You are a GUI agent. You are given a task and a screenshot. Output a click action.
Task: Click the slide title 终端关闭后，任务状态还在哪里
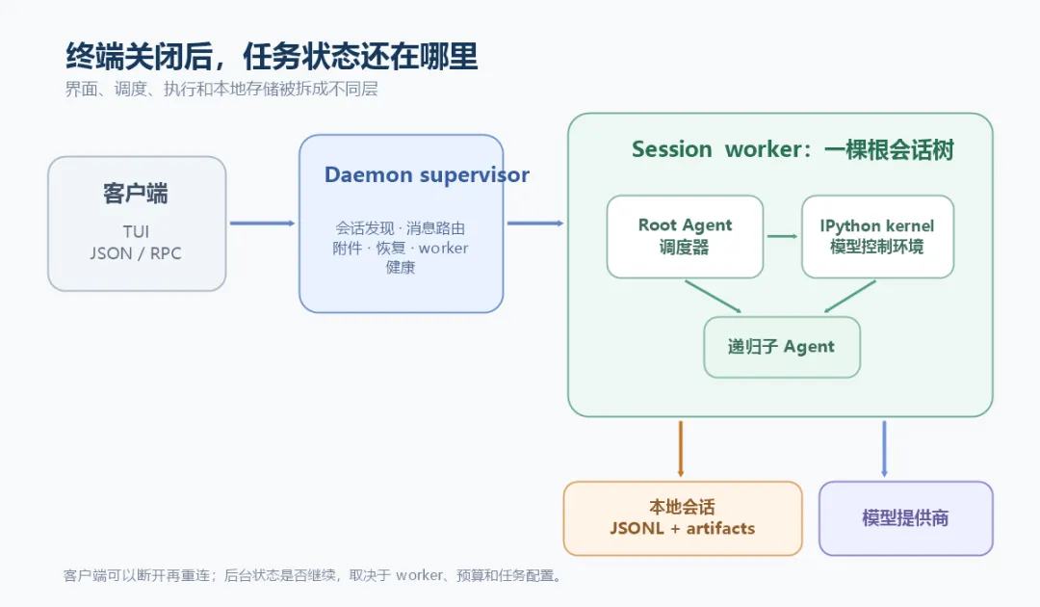click(x=272, y=57)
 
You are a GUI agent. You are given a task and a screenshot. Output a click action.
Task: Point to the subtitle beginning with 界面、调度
click(x=221, y=89)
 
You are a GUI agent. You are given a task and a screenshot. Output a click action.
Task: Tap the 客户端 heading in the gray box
click(x=136, y=194)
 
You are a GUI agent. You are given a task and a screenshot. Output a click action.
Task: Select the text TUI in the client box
click(x=136, y=231)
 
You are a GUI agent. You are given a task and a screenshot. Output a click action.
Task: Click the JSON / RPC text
click(x=136, y=253)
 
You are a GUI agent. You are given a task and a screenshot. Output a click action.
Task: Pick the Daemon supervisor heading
click(x=427, y=174)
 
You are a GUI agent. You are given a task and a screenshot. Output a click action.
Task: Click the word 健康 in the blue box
click(x=401, y=267)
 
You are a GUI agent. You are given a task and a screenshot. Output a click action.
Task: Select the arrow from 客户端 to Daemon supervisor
click(x=262, y=224)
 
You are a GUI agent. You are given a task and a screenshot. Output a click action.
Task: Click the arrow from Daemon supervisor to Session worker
click(x=535, y=224)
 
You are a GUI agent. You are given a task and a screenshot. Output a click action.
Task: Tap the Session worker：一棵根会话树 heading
click(x=793, y=150)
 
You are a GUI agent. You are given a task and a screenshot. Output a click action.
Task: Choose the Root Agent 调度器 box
click(x=686, y=236)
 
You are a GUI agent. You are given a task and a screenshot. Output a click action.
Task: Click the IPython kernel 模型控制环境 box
click(x=877, y=236)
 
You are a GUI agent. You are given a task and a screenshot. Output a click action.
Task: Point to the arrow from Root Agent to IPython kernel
click(x=783, y=236)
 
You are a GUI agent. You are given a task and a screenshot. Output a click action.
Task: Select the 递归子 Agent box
click(x=782, y=347)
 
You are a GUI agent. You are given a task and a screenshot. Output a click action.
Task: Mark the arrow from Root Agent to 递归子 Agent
click(x=713, y=297)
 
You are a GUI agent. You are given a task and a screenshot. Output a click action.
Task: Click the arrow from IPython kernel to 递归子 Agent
click(x=849, y=297)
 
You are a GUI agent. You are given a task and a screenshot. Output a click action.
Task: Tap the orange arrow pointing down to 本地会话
click(x=681, y=448)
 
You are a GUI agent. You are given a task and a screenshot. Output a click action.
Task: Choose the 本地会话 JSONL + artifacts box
click(x=683, y=518)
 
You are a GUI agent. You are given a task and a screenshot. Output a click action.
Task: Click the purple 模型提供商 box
click(x=906, y=518)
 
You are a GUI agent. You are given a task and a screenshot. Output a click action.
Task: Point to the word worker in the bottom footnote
click(x=419, y=575)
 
